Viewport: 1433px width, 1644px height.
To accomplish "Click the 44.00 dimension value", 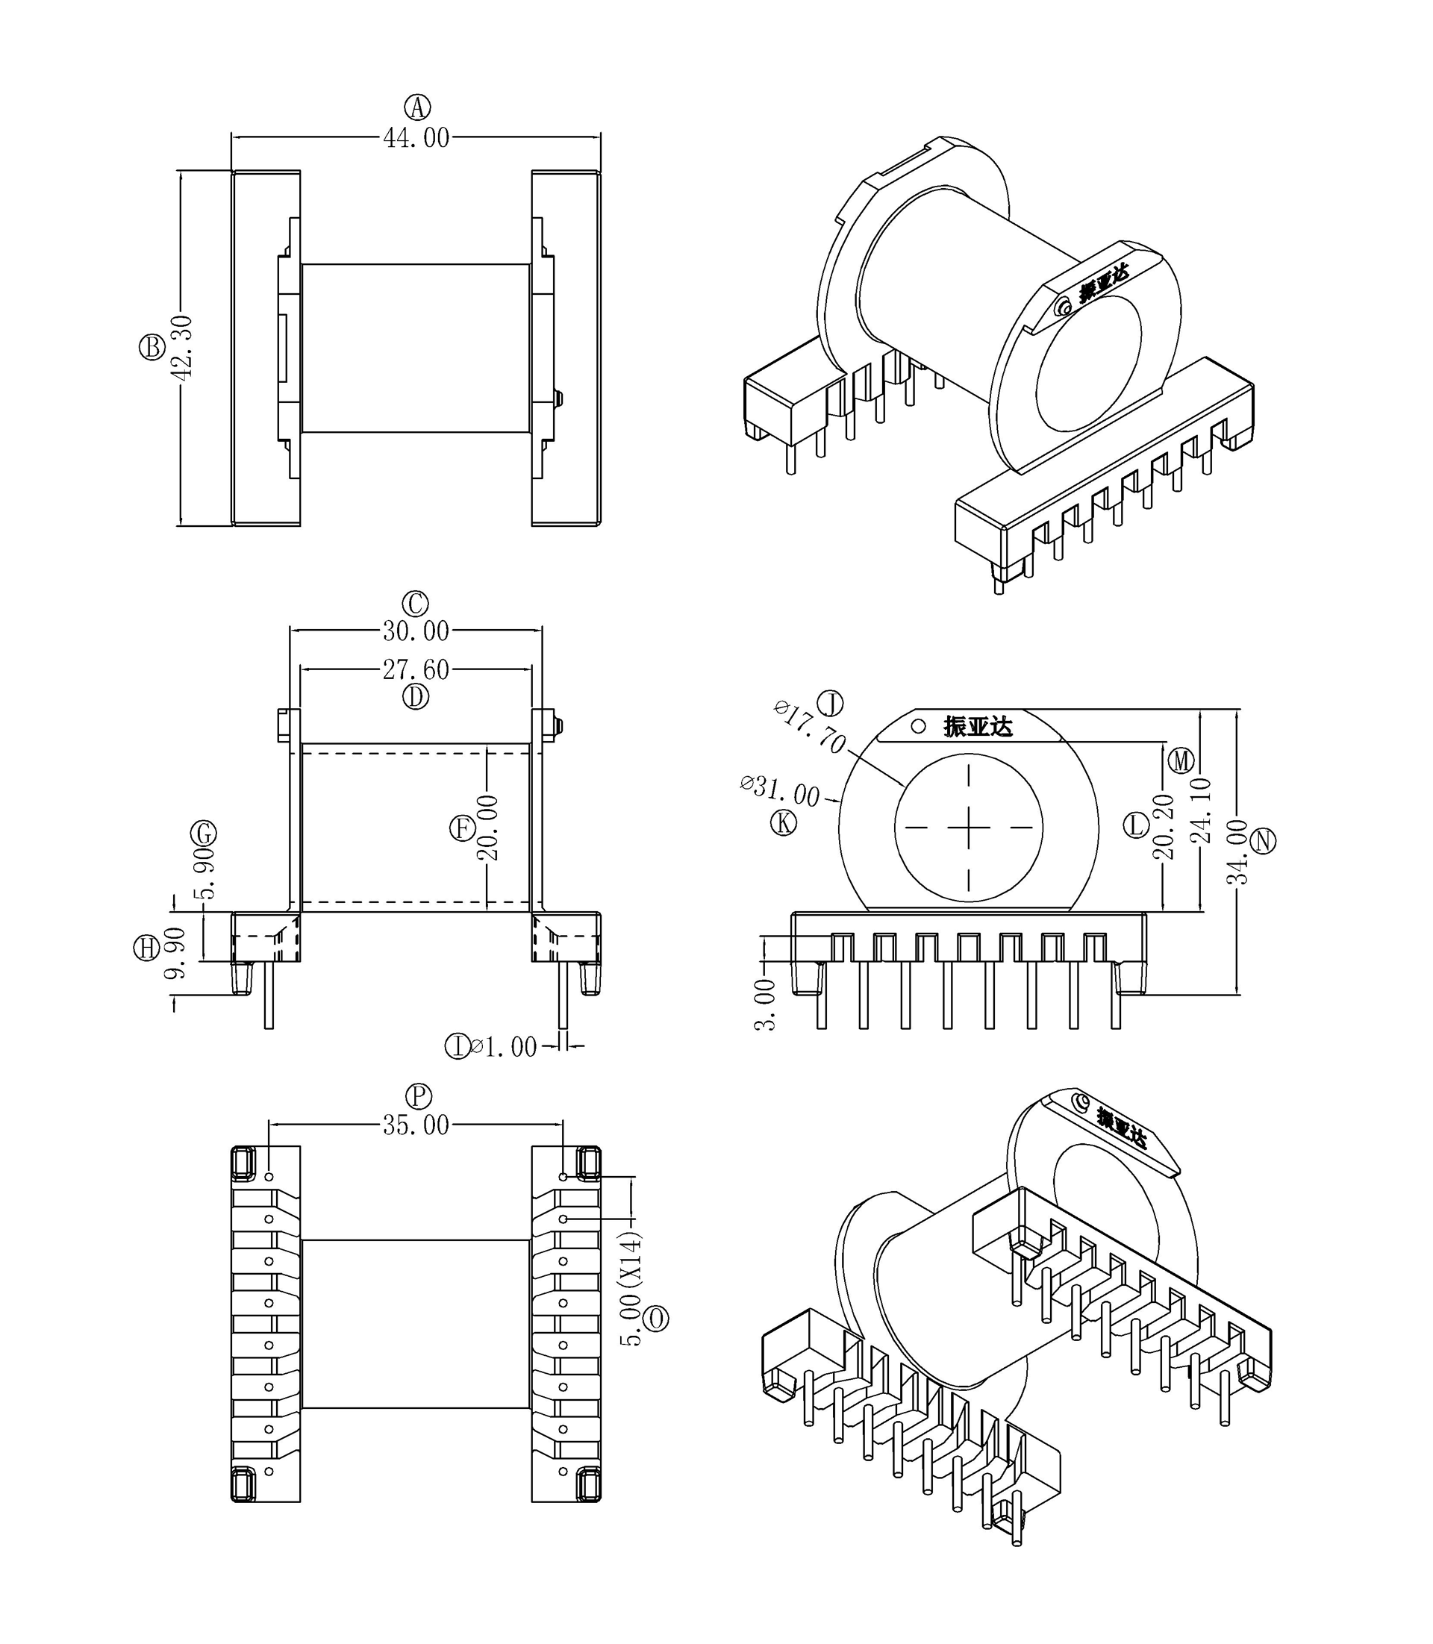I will click(x=416, y=138).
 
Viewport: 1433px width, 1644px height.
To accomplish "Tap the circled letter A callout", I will click(x=416, y=107).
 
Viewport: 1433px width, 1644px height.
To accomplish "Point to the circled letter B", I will click(x=152, y=347).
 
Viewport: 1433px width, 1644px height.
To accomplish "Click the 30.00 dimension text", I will click(x=416, y=631).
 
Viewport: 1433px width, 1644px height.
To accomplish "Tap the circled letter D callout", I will click(x=416, y=697).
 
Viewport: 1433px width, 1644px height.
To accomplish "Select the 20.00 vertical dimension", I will click(x=488, y=828).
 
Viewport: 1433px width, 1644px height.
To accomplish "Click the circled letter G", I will click(x=203, y=834).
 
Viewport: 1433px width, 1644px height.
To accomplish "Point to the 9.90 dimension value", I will click(x=176, y=953).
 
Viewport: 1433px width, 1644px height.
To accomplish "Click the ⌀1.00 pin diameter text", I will click(x=504, y=1047).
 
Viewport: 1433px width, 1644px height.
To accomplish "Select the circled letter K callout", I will click(x=784, y=822).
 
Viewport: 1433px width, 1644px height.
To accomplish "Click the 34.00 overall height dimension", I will click(x=1238, y=851).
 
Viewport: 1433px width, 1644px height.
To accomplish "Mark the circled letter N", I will click(x=1264, y=840).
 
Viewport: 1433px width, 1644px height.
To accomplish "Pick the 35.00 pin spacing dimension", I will click(x=416, y=1126).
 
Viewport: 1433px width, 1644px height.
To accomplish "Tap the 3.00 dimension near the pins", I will click(x=765, y=1005).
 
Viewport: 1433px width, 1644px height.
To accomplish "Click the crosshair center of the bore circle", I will click(x=969, y=828).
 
